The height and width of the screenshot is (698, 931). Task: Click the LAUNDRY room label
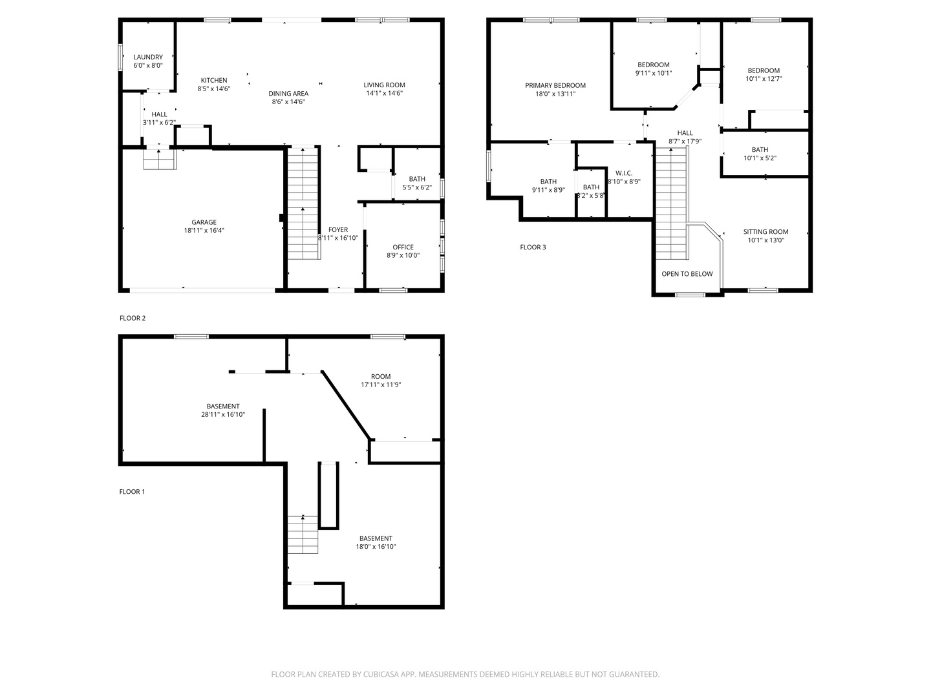[x=148, y=58]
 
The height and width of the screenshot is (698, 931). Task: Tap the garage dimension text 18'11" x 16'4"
[x=204, y=231]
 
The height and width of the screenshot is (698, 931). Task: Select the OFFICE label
[x=403, y=247]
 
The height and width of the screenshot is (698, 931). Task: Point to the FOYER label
[x=338, y=229]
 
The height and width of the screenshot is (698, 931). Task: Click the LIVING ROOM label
[x=384, y=85]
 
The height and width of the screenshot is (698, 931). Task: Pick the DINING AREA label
[x=288, y=94]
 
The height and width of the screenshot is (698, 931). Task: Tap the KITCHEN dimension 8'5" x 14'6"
[x=214, y=89]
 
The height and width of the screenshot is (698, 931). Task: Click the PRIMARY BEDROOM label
[x=555, y=85]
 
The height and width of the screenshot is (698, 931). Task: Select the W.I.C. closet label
[x=624, y=173]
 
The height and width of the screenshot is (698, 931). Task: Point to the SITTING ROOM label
[x=765, y=232]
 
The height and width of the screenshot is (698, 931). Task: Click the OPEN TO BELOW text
[x=687, y=274]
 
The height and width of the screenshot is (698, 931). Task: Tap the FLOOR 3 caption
[x=533, y=247]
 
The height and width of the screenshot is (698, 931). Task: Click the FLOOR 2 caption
[x=133, y=318]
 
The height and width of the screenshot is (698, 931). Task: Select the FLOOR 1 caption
[x=132, y=492]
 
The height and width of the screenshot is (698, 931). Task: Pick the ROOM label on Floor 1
[x=381, y=376]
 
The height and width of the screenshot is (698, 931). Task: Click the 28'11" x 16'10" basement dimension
[x=223, y=414]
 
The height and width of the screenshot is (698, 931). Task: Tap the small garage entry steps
[x=160, y=160]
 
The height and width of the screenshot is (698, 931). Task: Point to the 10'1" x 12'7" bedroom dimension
[x=764, y=79]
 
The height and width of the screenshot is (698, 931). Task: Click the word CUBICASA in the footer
[x=380, y=674]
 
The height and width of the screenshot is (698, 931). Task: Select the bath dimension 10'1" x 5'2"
[x=760, y=158]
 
